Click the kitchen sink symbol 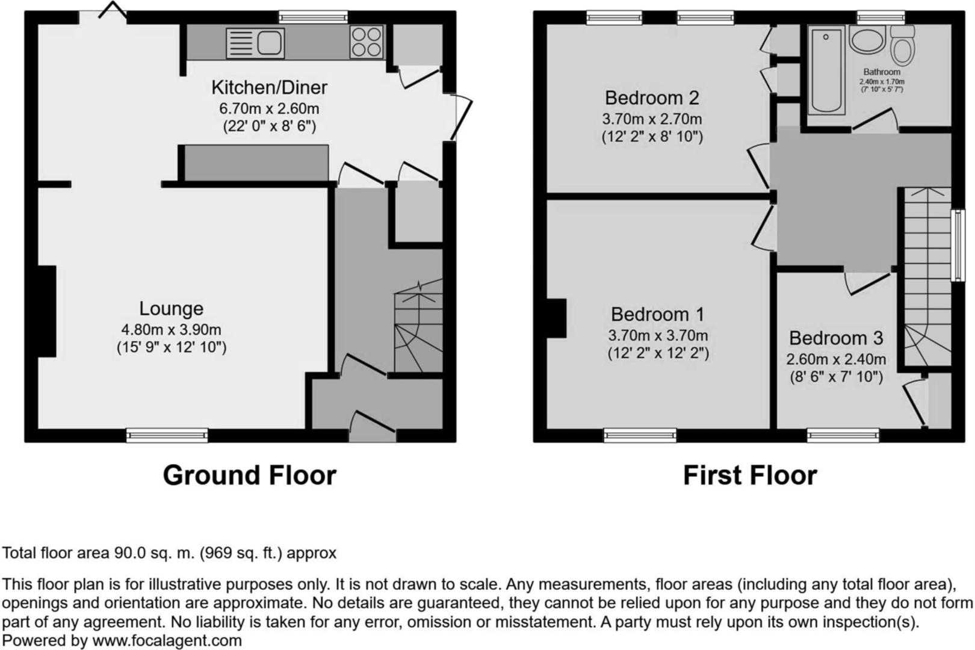click(x=255, y=43)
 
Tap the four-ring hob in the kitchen click(x=366, y=42)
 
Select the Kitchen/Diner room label click(x=269, y=87)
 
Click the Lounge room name click(x=171, y=308)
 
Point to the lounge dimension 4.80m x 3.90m click(x=171, y=329)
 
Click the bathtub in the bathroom click(x=825, y=70)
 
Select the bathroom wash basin click(x=867, y=39)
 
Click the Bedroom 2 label click(x=652, y=97)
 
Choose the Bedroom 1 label click(x=657, y=314)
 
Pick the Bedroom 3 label click(x=836, y=338)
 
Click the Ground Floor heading click(x=249, y=475)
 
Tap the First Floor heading click(x=750, y=475)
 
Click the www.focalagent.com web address click(x=167, y=641)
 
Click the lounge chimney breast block click(x=47, y=311)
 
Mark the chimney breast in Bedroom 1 click(x=557, y=318)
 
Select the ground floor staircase click(x=418, y=328)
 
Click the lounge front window click(x=167, y=435)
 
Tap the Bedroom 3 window click(x=843, y=435)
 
